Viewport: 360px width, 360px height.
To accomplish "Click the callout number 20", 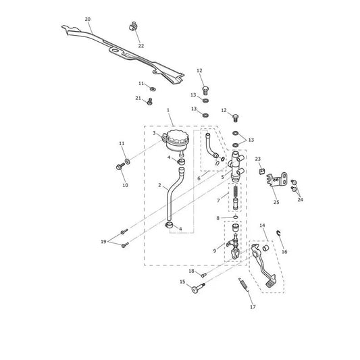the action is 88,20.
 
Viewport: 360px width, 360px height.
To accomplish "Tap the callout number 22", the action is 141,46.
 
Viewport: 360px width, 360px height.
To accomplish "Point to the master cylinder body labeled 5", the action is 236,166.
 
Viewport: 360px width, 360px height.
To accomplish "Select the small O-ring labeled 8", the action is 236,217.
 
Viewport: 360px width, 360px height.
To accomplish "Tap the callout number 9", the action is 215,251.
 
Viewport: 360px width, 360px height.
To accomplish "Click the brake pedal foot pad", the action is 271,282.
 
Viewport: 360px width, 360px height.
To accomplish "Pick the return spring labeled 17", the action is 244,285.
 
